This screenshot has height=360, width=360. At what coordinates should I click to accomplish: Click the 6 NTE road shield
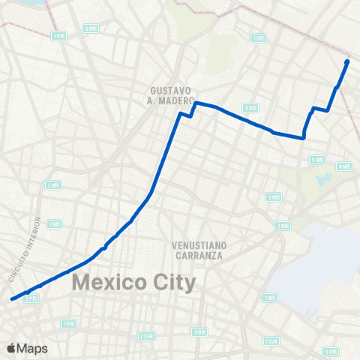click(91, 28)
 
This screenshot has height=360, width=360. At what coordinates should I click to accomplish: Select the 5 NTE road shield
click(316, 159)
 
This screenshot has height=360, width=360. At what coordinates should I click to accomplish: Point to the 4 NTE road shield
click(344, 166)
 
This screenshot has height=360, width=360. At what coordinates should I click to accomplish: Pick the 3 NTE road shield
click(274, 196)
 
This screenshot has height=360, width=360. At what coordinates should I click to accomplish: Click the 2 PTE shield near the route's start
click(31, 298)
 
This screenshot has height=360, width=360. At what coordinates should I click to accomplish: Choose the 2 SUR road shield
click(146, 335)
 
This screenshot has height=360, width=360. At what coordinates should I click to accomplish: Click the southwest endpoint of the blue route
click(12, 299)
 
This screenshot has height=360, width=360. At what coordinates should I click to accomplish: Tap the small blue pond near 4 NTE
click(324, 180)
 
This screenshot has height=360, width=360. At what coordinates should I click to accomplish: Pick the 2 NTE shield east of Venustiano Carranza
click(283, 225)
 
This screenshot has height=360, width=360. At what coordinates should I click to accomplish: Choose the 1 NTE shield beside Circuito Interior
click(54, 223)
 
